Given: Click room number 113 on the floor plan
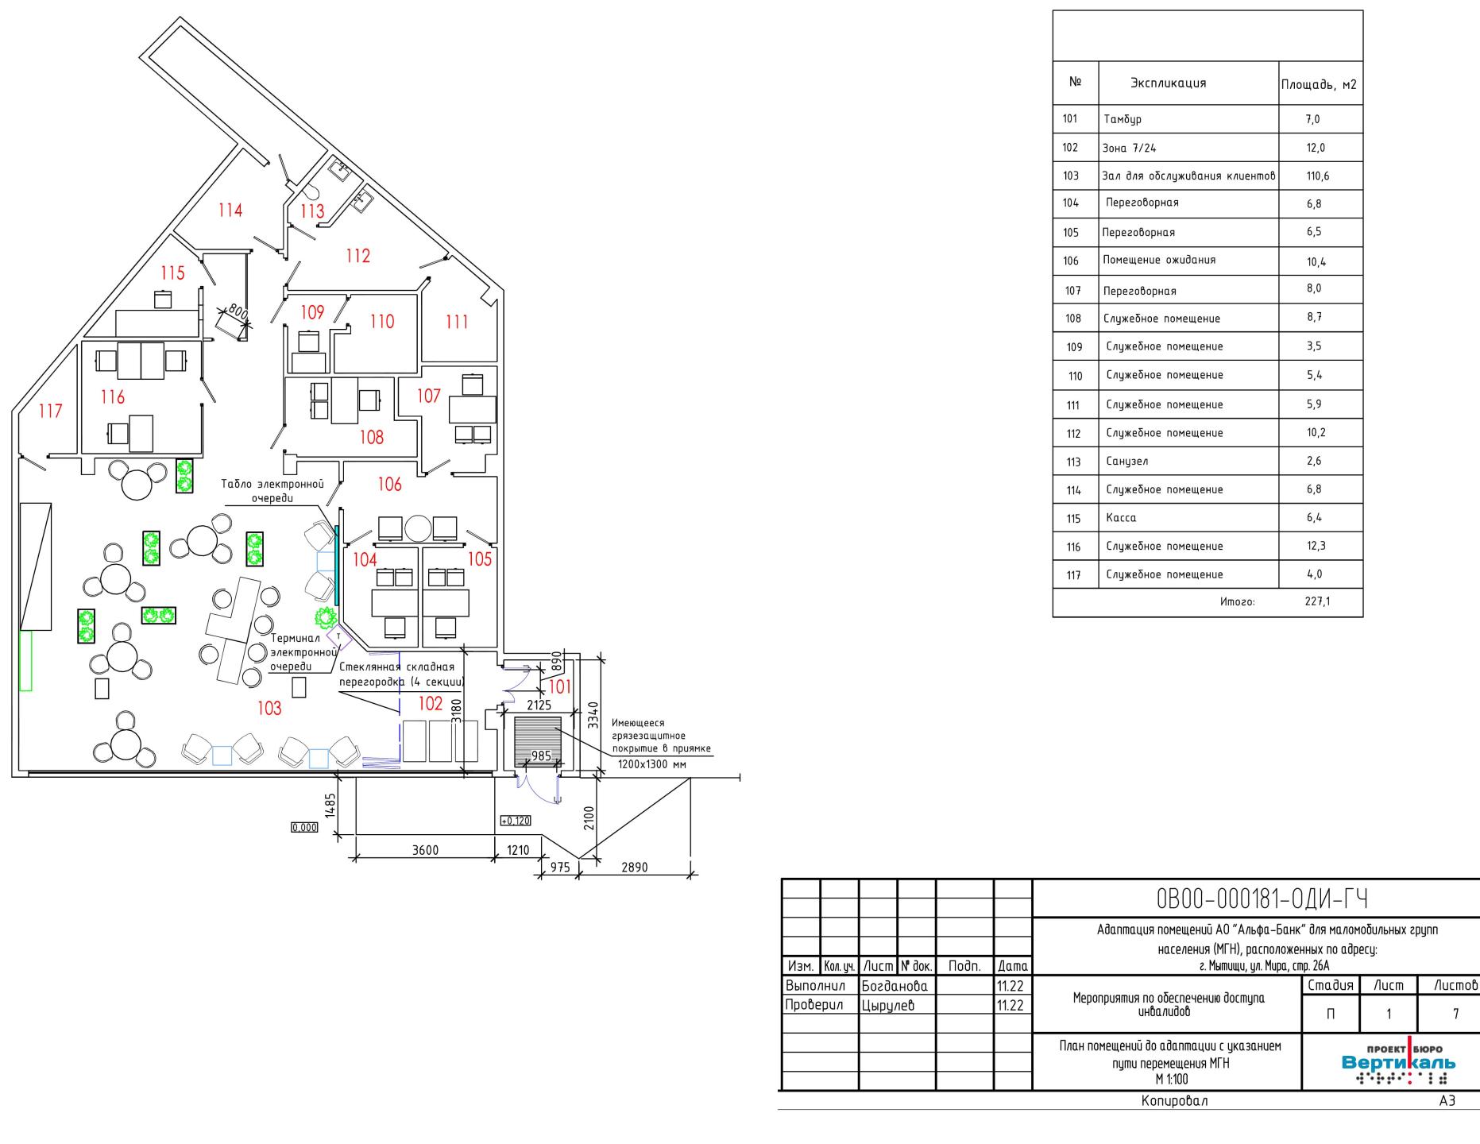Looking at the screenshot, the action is tap(312, 211).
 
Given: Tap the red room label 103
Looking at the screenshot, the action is tap(269, 708).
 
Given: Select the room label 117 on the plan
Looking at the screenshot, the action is tap(50, 412).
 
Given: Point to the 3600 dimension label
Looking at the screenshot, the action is tap(425, 849).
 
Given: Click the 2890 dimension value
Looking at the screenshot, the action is tap(634, 867).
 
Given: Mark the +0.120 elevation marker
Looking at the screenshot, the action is tap(515, 821).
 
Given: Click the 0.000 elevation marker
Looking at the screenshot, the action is tap(304, 827).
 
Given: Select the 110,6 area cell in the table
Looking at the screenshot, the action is tap(1317, 176).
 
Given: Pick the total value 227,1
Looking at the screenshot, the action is tap(1317, 601).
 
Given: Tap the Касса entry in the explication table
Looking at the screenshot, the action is tap(1121, 518).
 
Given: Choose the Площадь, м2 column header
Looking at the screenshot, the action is tap(1320, 84).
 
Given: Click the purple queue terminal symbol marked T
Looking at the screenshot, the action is tap(339, 636).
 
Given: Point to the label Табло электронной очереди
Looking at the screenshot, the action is tap(272, 491).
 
